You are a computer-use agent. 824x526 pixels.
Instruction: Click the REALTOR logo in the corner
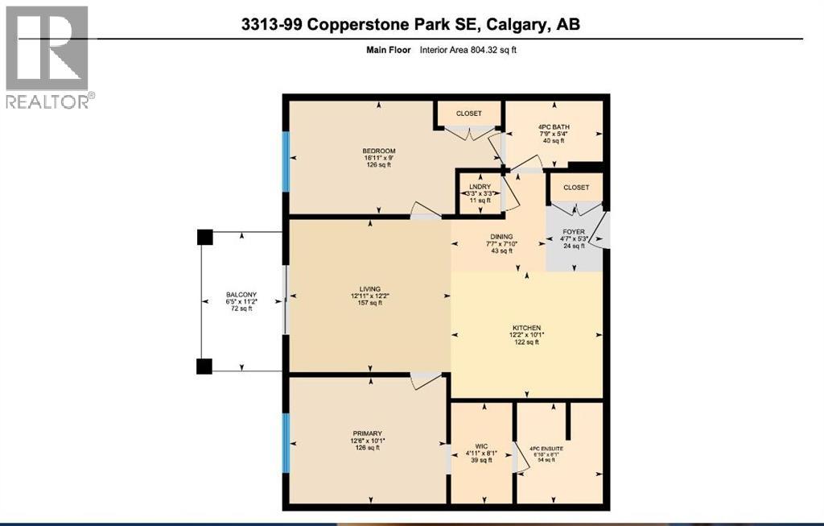click(x=47, y=56)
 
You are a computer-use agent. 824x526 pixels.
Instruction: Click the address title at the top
click(x=410, y=25)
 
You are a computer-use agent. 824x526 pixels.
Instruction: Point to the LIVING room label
click(x=370, y=288)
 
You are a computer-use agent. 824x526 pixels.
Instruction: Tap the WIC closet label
click(x=482, y=445)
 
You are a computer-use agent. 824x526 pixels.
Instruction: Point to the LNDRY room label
click(x=479, y=186)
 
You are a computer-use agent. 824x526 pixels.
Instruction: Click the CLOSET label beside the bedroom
click(x=468, y=114)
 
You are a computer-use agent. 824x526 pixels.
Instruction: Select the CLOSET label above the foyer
click(x=576, y=187)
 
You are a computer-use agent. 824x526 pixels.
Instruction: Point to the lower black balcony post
click(x=204, y=366)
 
